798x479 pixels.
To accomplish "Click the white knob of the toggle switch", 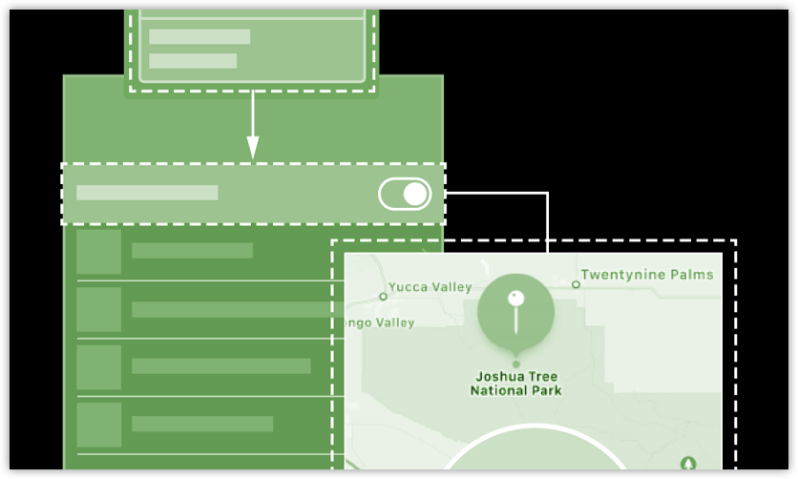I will point(415,195).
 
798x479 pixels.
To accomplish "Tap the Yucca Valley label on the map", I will point(430,287).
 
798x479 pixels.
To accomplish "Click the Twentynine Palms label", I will point(647,275).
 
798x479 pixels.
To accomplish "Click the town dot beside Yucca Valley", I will point(384,297).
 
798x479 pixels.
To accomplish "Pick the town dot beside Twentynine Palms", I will point(576,284).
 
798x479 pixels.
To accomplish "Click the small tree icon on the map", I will point(688,463).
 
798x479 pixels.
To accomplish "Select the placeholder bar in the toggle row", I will point(147,193).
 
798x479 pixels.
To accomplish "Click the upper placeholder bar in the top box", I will point(199,36).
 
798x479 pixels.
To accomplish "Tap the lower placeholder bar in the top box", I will point(193,61).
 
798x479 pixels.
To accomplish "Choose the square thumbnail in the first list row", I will point(99,252).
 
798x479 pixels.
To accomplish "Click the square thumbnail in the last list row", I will point(99,425).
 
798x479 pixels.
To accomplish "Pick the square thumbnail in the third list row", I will point(99,366).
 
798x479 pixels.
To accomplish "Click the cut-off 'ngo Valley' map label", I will point(380,323).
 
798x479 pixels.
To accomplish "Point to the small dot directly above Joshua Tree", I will point(516,364).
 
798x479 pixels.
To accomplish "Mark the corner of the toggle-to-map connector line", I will point(548,194).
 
